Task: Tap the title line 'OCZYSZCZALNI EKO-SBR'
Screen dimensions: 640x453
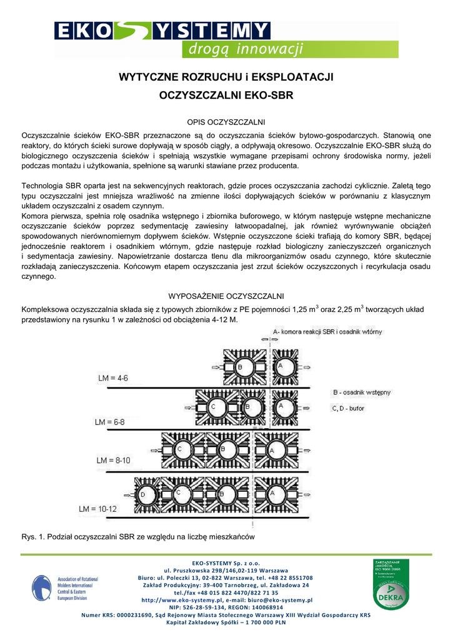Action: click(227, 97)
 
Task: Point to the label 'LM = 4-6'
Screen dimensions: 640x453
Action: click(113, 378)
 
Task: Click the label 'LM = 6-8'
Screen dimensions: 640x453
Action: click(110, 422)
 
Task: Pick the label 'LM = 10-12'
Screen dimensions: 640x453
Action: click(98, 509)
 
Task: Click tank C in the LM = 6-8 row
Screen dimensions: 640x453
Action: click(214, 407)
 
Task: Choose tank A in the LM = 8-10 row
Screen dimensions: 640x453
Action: click(272, 451)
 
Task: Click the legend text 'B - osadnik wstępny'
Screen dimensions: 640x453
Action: click(362, 392)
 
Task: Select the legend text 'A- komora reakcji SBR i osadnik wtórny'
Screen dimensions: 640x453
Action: click(327, 331)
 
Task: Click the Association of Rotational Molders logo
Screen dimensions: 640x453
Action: click(65, 588)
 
